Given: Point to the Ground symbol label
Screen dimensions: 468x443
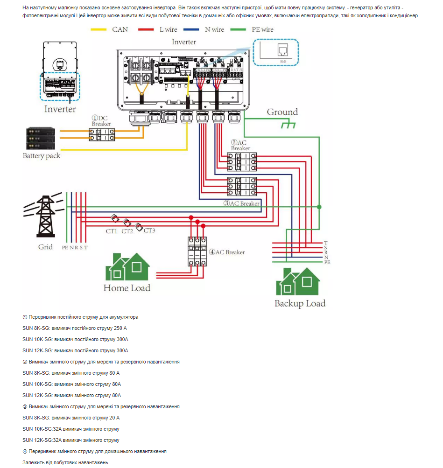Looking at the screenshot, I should tap(282, 112).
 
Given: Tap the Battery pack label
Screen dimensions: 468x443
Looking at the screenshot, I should tap(42, 155).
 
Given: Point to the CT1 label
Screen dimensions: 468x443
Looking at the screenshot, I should tap(112, 231).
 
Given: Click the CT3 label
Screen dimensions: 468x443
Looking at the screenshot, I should tap(149, 231).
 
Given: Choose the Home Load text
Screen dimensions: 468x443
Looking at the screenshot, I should tap(127, 288).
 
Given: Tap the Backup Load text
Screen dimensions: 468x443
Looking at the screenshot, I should tap(300, 303).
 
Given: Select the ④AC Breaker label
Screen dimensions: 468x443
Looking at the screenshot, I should tap(227, 252).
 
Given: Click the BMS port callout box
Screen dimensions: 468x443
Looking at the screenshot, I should tap(275, 52).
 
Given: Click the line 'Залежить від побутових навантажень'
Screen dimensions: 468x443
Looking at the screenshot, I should tap(65, 462).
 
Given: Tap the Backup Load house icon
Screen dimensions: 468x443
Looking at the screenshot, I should tap(299, 281).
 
